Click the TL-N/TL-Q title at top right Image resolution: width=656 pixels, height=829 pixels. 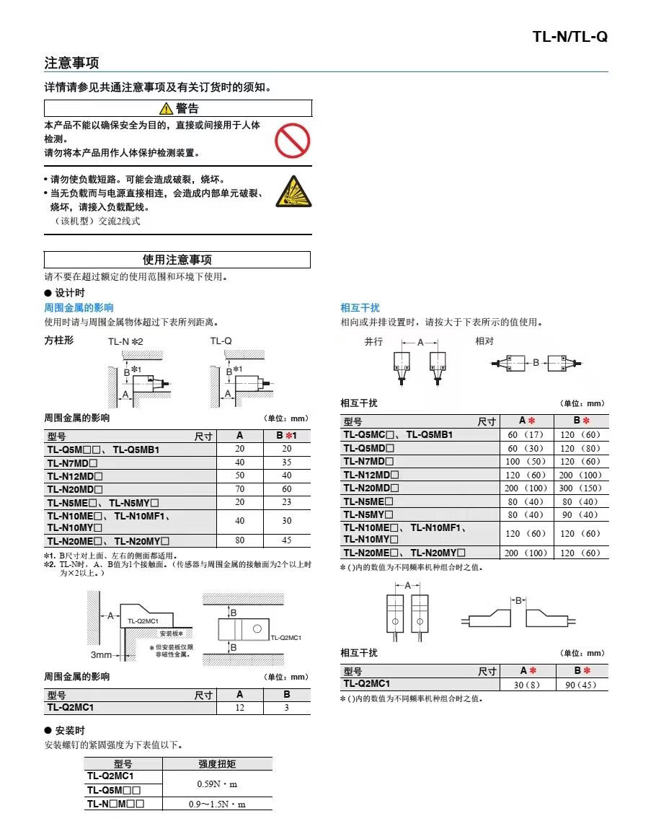tap(569, 36)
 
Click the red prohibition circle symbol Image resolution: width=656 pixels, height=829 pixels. tap(292, 141)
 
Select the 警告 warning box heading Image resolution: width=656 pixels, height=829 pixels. tap(178, 108)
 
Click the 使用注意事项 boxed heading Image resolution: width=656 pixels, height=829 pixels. tap(177, 260)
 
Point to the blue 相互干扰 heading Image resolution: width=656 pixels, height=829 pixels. tap(360, 308)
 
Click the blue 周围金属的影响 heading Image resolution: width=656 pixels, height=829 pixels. tap(79, 308)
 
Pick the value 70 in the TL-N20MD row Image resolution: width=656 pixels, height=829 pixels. tap(239, 489)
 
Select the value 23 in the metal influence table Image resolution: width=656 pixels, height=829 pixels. tap(286, 502)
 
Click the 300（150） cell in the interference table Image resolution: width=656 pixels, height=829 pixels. tap(580, 488)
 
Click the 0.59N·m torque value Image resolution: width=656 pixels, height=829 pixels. tap(217, 784)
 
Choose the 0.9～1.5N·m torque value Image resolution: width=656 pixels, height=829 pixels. tap(217, 804)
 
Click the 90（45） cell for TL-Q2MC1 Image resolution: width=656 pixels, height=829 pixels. tap(580, 685)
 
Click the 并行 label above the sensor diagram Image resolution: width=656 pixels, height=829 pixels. tap(373, 342)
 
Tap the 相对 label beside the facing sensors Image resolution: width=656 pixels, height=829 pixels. tap(484, 342)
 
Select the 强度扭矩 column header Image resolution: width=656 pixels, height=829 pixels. tap(217, 764)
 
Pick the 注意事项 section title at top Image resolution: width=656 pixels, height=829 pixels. tap(71, 63)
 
